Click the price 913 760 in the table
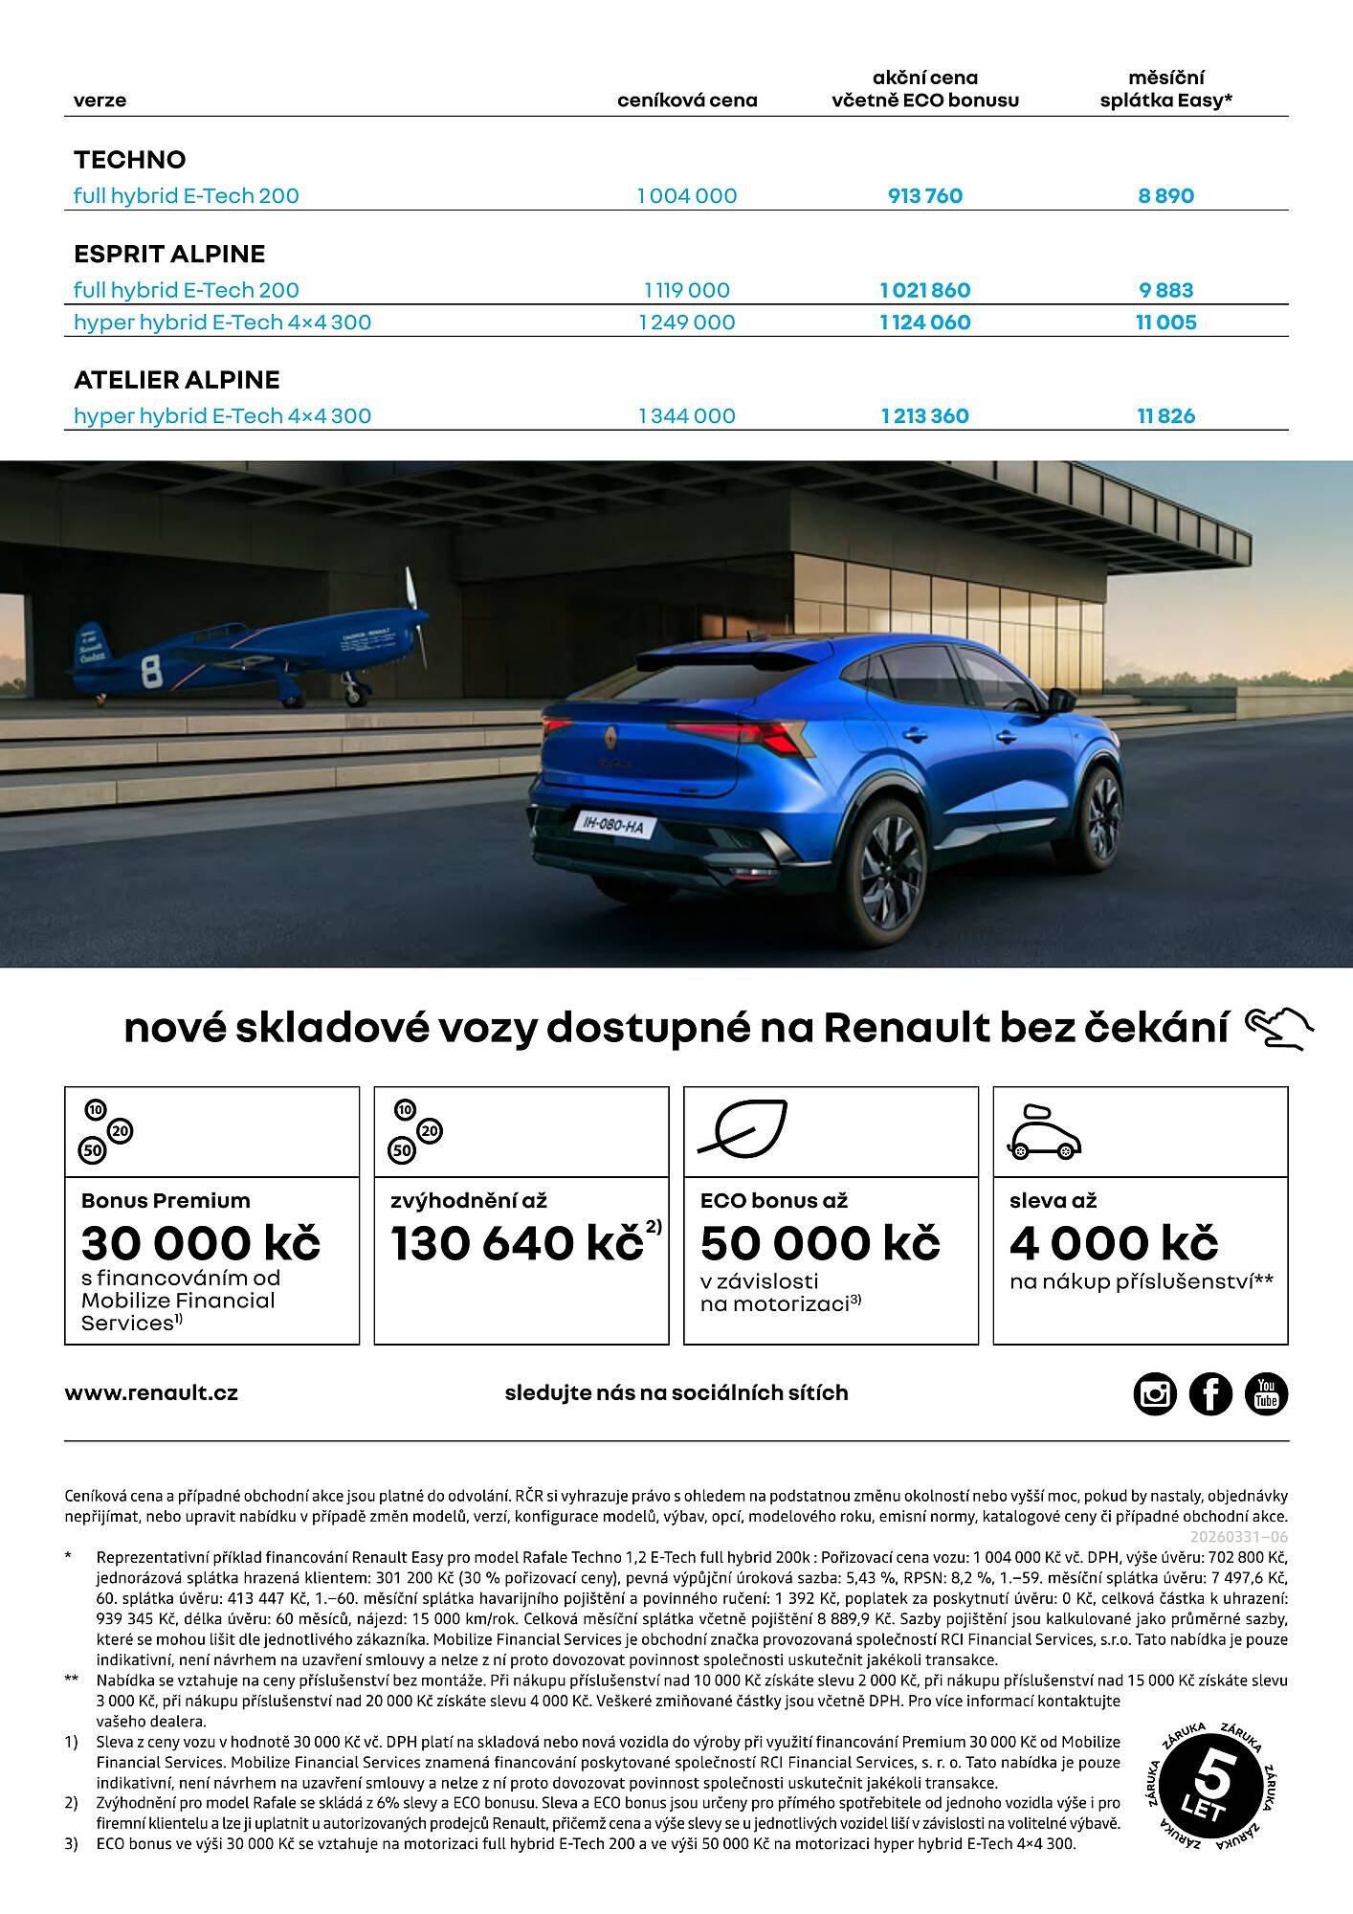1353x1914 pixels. point(924,196)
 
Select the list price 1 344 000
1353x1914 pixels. point(687,416)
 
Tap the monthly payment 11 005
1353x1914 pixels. point(1165,323)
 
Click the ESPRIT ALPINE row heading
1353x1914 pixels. point(169,254)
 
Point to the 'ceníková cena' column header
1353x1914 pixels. point(687,100)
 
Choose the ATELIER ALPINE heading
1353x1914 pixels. point(177,380)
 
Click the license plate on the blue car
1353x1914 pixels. point(613,823)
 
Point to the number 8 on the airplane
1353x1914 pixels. point(151,671)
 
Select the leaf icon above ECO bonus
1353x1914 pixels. point(743,1128)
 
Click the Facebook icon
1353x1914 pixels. point(1210,1393)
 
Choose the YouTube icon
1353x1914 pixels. point(1266,1393)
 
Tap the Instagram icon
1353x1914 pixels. point(1155,1393)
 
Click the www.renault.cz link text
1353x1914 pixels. point(151,1393)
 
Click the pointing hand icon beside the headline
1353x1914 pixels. point(1279,1029)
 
